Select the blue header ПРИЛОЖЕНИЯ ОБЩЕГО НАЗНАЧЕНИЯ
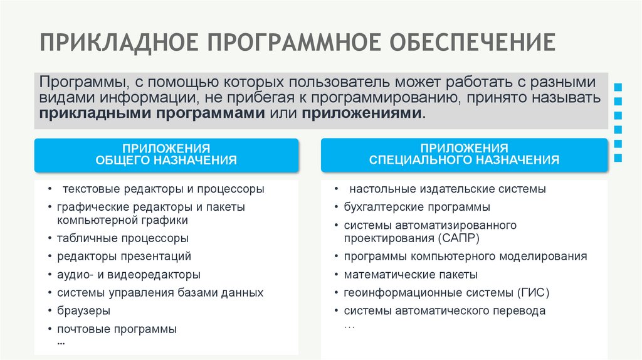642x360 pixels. (166, 155)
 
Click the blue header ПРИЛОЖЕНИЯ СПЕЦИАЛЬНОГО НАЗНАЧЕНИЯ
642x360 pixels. (464, 155)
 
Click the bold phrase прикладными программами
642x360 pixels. (153, 114)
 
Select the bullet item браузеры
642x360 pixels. (83, 310)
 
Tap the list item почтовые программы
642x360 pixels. (117, 329)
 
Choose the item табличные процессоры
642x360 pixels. (122, 238)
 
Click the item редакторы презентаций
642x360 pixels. (124, 257)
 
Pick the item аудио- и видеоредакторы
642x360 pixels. (129, 275)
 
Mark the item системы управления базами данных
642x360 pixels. (160, 292)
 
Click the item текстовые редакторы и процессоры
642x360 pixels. (163, 189)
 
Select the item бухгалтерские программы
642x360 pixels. (417, 207)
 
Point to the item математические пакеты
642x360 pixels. (411, 275)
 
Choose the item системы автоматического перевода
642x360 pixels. (445, 310)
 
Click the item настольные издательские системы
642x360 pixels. (447, 189)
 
